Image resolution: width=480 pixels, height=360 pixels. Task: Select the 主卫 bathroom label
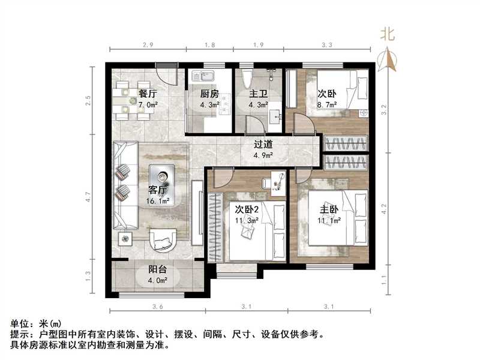[x=258, y=94]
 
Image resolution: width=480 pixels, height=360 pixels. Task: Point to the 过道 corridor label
[x=263, y=145]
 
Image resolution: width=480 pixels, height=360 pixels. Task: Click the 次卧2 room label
[x=247, y=210]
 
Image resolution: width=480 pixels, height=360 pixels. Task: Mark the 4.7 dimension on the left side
[x=88, y=197]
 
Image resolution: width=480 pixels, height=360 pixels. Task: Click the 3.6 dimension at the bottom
[x=157, y=307]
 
